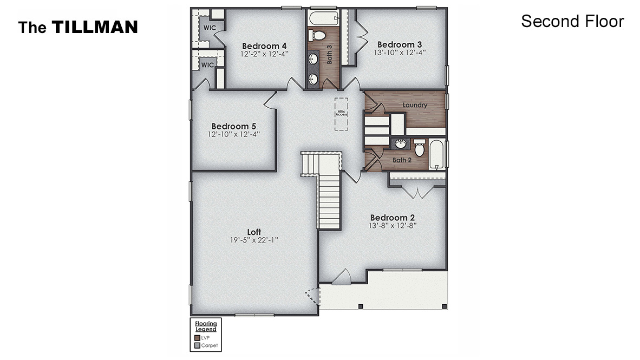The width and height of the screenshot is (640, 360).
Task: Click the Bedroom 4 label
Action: (264, 45)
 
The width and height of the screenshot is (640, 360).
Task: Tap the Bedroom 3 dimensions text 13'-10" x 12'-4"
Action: (400, 53)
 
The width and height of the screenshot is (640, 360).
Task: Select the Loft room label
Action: (254, 232)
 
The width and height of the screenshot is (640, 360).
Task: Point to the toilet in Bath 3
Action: (318, 36)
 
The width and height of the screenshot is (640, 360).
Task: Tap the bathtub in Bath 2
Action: (437, 155)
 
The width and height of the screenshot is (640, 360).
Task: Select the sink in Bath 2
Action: (400, 144)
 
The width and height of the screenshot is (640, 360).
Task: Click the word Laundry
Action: (415, 105)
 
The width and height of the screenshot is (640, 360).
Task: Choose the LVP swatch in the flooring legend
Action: (197, 338)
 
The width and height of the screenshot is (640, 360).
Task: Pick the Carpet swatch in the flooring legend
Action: (197, 345)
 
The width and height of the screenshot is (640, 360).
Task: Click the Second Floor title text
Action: (572, 22)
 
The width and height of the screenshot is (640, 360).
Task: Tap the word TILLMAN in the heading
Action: (95, 27)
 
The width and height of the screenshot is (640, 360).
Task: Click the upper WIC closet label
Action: (210, 28)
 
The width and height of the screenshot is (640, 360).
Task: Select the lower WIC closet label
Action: (207, 65)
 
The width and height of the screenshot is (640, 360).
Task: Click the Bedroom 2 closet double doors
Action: (417, 193)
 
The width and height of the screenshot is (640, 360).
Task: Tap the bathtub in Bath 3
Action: (323, 20)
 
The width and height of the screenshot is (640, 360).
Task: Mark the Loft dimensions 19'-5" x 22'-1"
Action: (254, 240)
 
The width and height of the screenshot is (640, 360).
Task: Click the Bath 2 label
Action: (402, 160)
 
